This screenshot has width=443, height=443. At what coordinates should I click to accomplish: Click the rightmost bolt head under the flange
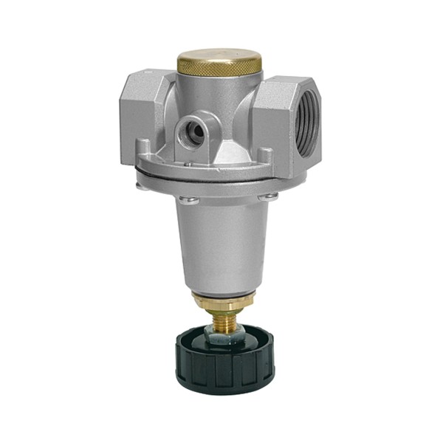271,196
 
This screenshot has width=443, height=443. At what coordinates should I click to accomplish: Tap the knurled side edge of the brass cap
219,68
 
